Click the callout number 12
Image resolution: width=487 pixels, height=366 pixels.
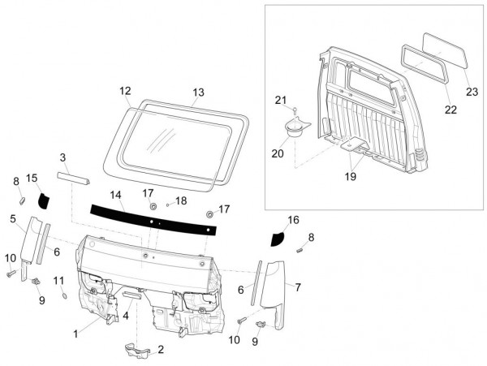125,91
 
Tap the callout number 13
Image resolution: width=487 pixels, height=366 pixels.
199,92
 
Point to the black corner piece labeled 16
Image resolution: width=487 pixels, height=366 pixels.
279,238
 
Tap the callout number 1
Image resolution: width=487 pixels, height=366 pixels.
76,333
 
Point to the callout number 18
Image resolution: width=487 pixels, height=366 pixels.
181,200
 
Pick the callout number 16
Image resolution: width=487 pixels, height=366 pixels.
293,220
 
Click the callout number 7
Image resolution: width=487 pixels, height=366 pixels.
297,286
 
